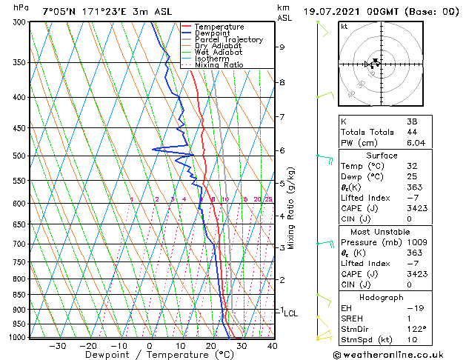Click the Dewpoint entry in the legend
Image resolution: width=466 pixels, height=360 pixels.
(x=212, y=33)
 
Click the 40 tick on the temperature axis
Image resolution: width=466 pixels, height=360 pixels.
(x=272, y=345)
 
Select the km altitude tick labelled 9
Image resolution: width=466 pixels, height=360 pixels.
(x=282, y=47)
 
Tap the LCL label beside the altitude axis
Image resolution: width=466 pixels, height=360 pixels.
(x=291, y=313)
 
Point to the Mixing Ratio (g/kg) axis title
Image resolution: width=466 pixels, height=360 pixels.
(x=292, y=208)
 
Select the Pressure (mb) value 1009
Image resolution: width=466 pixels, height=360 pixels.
(x=416, y=241)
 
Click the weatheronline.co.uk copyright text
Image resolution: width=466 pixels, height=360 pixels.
(x=389, y=354)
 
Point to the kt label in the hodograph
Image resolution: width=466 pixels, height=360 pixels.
(x=344, y=26)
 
